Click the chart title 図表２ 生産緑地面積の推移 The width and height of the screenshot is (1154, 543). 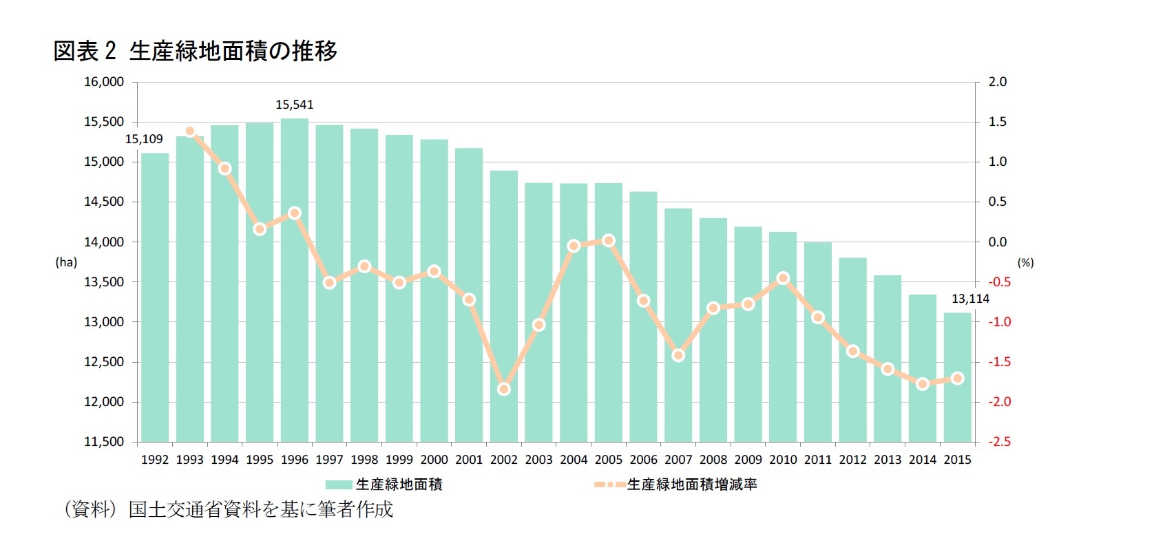click(x=195, y=51)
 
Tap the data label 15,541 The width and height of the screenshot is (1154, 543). click(x=295, y=105)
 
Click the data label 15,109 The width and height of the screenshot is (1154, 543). click(x=144, y=139)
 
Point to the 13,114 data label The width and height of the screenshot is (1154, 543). click(x=970, y=299)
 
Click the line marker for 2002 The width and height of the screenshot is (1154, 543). click(x=504, y=389)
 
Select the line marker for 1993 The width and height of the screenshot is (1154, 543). click(x=190, y=131)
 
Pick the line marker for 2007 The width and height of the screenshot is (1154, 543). click(x=678, y=355)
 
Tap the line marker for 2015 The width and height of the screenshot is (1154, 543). click(x=957, y=379)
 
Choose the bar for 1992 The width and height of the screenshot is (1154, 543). click(x=155, y=297)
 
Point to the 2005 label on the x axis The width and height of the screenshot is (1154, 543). click(x=608, y=460)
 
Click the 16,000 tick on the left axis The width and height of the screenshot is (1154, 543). click(x=104, y=82)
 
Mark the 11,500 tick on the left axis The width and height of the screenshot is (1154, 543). click(x=104, y=442)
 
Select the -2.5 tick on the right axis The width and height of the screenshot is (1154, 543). click(x=999, y=442)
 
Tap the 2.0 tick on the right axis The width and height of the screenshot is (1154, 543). click(x=998, y=82)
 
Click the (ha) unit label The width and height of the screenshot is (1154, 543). click(x=66, y=262)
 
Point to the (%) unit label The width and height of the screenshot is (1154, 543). click(x=1025, y=262)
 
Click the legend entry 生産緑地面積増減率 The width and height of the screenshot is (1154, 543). click(x=692, y=485)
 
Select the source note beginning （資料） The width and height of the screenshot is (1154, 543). click(x=228, y=509)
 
